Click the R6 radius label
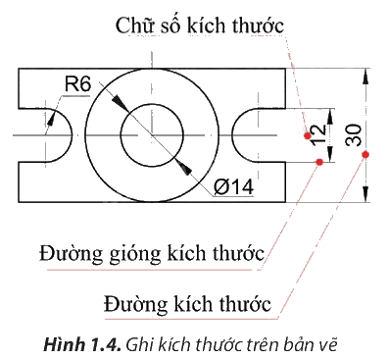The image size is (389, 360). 78,84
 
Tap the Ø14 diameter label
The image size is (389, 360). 234,187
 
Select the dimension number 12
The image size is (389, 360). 318,134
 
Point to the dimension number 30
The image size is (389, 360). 354,134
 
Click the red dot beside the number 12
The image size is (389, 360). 307,135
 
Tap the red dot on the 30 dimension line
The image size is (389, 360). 365,154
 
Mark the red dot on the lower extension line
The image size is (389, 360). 319,162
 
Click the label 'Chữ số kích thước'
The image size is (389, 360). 200,26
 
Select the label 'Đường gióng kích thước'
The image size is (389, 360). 152,253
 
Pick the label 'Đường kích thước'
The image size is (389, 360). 187,303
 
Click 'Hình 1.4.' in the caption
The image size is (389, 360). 82,345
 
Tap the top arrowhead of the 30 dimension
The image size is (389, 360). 365,77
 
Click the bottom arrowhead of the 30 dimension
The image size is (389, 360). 365,194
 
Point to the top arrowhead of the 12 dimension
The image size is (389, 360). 330,117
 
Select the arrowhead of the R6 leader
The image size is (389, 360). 51,118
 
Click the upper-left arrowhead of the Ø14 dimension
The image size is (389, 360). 120,104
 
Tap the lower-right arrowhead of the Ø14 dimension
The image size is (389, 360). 182,167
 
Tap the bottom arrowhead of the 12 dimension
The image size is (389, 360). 330,154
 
